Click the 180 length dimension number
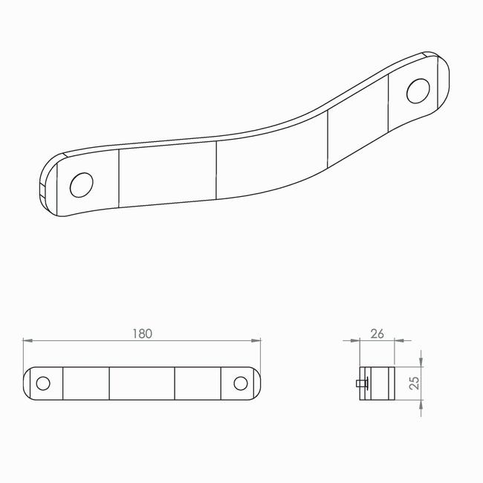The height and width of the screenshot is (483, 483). click(143, 334)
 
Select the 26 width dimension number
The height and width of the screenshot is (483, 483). click(377, 334)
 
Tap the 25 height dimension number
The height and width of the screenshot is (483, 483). click(415, 383)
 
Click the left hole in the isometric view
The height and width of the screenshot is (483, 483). click(82, 185)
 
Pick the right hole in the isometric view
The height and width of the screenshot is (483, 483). click(418, 91)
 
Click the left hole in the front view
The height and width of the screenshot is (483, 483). click(43, 383)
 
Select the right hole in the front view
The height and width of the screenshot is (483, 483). click(241, 383)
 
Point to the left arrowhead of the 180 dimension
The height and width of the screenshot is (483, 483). click(27, 340)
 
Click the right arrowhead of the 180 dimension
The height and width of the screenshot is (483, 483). click(256, 340)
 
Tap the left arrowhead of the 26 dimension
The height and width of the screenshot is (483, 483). click(355, 340)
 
